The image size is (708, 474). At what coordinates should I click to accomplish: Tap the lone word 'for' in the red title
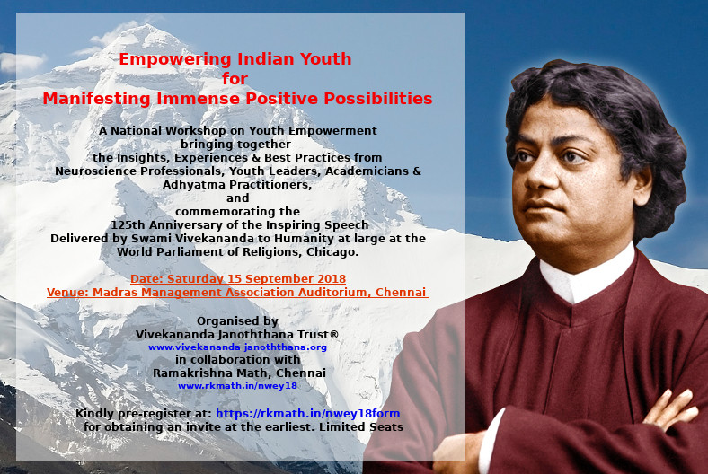(235, 78)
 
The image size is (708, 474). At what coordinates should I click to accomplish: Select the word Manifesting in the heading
(97, 99)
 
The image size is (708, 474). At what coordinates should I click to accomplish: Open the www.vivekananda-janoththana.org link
(237, 347)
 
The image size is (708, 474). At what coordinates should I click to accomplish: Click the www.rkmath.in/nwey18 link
(237, 386)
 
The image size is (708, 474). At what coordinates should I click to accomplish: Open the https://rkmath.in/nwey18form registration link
(308, 414)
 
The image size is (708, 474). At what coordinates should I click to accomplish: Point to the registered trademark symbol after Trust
(334, 334)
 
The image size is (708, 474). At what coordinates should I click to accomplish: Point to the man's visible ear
(642, 186)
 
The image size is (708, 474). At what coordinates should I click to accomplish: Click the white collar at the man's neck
(586, 276)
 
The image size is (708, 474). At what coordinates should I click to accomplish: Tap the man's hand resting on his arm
(670, 409)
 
